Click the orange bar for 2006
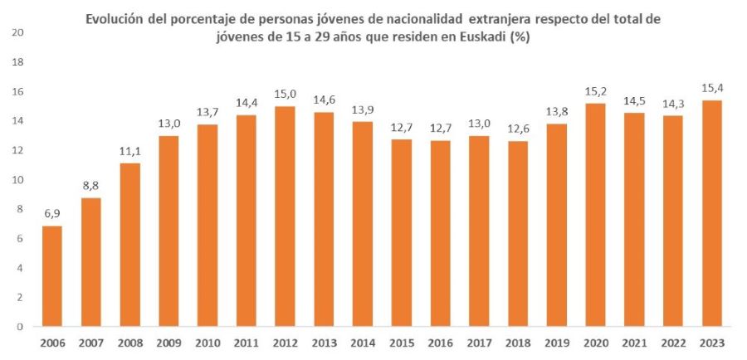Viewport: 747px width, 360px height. point(51,276)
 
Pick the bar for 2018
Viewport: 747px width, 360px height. point(518,233)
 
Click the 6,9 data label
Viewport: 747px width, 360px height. point(51,214)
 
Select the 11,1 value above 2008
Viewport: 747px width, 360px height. point(129,152)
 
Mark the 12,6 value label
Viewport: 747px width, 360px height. point(518,129)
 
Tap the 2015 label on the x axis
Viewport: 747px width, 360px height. point(402,342)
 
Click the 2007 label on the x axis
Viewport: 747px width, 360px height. point(90,342)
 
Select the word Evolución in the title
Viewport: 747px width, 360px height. point(120,19)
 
